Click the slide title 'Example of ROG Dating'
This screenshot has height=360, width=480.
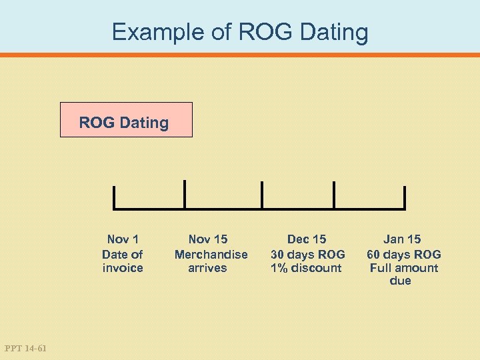pos(240,32)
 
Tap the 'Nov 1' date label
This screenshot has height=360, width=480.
pos(123,239)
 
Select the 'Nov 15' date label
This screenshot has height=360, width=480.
pos(208,239)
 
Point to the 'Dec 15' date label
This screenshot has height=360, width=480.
pos(307,239)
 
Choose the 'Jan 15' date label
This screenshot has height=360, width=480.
pos(403,239)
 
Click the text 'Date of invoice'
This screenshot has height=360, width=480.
pos(123,261)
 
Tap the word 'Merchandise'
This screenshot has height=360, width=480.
pos(211,254)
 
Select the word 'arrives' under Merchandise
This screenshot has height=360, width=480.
pos(207,268)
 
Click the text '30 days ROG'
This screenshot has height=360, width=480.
pos(307,254)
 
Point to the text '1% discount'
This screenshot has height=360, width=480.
pos(306,268)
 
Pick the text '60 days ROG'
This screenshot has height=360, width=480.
pos(404,254)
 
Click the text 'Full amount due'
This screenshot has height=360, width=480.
pos(404,274)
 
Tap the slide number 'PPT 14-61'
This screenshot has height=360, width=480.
pos(25,347)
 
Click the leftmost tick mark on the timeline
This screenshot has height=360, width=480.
pos(115,197)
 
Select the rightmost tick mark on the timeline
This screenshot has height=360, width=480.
pos(404,197)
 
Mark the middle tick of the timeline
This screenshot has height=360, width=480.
pos(261,195)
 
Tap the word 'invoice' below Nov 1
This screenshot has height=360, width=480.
pos(123,268)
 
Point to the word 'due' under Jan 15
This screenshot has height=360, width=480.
pos(400,281)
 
